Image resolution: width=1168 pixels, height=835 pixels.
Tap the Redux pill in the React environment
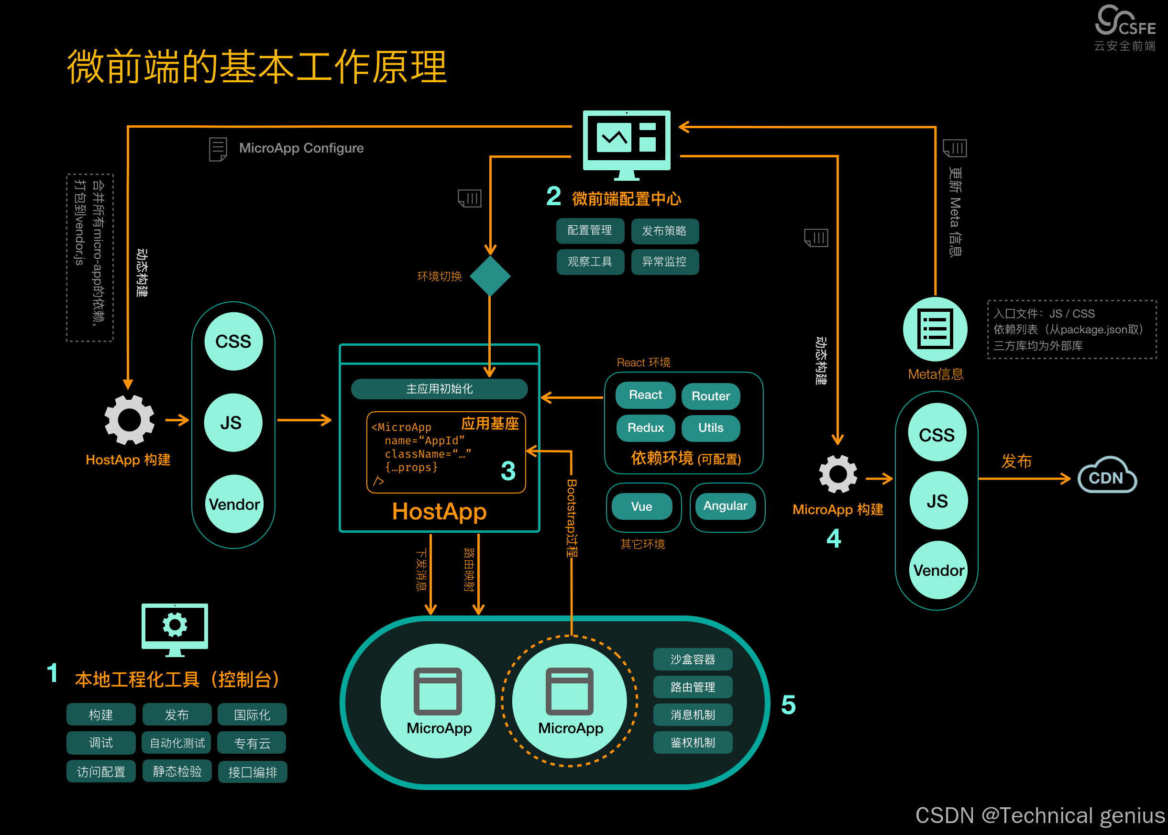pos(645,428)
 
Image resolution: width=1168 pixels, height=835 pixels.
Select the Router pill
pos(710,396)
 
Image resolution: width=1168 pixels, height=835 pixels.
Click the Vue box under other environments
pos(641,506)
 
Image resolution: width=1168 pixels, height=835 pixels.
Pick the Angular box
pos(725,506)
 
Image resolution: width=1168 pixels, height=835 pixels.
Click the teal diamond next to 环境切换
pos(490,276)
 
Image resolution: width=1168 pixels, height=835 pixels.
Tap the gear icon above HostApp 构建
pos(129,419)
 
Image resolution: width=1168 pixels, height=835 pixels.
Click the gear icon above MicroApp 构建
pos(838,474)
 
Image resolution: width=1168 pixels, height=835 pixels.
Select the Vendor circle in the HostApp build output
pos(234,504)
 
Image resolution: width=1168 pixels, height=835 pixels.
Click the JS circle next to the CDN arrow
pos(937,501)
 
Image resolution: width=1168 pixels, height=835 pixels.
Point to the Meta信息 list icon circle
pos(935,329)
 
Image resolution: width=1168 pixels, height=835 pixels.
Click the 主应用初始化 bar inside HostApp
pos(439,389)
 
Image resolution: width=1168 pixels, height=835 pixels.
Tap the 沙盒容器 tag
pos(693,659)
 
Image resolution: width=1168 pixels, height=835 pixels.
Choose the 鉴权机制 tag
pos(693,742)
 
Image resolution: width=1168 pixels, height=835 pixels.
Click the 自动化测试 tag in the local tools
pos(177,743)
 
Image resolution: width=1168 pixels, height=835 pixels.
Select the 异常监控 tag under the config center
pos(664,262)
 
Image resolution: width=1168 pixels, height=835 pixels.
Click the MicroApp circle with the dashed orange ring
pos(570,701)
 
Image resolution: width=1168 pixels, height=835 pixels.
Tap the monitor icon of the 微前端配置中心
pos(626,144)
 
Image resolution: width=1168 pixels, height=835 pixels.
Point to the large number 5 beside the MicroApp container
pos(788,705)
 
